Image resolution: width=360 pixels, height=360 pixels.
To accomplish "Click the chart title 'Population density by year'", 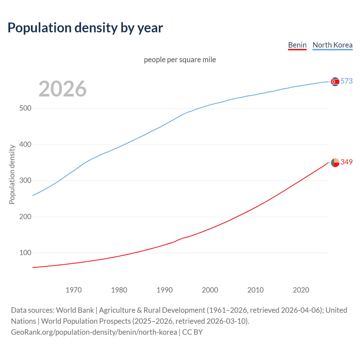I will [x=85, y=28].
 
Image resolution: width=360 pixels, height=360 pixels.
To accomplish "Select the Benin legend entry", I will [x=297, y=45].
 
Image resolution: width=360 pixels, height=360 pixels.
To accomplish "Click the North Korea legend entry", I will [x=332, y=45].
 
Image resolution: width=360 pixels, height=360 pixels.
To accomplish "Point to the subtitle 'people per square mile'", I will [x=180, y=60].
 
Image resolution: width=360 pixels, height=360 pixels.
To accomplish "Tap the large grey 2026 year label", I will [x=62, y=89].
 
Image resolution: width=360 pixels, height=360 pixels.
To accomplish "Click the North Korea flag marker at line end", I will [x=335, y=82].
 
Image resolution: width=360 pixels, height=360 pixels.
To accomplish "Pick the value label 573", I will [x=346, y=81].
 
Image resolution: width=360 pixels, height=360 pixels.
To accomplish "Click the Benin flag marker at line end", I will [x=335, y=163].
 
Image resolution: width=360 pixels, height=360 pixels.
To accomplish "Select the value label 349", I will [x=346, y=162].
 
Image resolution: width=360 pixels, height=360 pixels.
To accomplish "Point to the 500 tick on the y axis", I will [x=25, y=108].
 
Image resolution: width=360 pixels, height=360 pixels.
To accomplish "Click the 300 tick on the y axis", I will [x=25, y=181].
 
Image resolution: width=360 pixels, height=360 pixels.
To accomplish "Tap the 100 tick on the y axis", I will [x=25, y=253].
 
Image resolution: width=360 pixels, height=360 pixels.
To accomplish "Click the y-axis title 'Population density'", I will [x=12, y=174].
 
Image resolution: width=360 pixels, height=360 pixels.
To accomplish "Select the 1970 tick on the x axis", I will [x=74, y=290].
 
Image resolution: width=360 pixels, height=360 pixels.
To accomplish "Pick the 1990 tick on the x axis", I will [x=165, y=290].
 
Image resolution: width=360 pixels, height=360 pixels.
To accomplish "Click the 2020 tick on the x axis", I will [x=301, y=290].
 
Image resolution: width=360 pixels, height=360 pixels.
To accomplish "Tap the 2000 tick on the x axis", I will [x=210, y=290].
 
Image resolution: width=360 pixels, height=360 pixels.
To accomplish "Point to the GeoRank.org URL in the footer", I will [x=94, y=332].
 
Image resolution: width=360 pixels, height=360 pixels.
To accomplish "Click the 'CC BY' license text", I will [x=192, y=332].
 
